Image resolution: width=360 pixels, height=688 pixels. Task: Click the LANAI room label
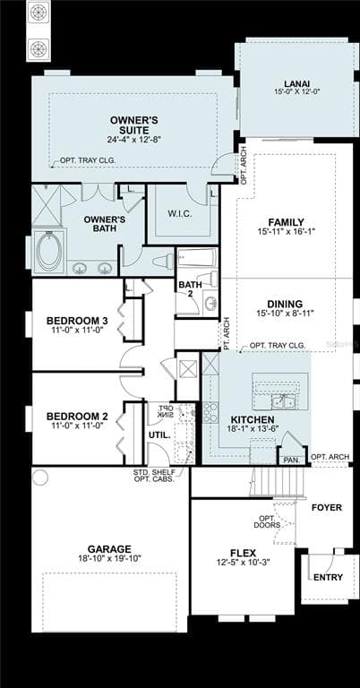pos(291,83)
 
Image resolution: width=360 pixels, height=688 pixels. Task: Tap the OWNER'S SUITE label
pos(134,120)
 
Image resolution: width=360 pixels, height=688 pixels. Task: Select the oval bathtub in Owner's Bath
pos(50,250)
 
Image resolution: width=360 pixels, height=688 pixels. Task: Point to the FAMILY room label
pos(287,222)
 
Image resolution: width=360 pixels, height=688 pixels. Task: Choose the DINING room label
pos(285,304)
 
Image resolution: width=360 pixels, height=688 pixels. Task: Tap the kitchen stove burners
pos(211,412)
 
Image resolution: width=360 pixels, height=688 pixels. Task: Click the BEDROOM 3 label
pos(77,321)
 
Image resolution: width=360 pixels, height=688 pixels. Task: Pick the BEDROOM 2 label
pos(77,416)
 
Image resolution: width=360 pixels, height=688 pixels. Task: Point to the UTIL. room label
pos(159,434)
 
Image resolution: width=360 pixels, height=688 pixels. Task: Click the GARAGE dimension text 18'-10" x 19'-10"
pos(109,559)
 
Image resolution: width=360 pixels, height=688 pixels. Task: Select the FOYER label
pos(326,508)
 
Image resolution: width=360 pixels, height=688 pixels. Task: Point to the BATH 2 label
pos(190,291)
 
